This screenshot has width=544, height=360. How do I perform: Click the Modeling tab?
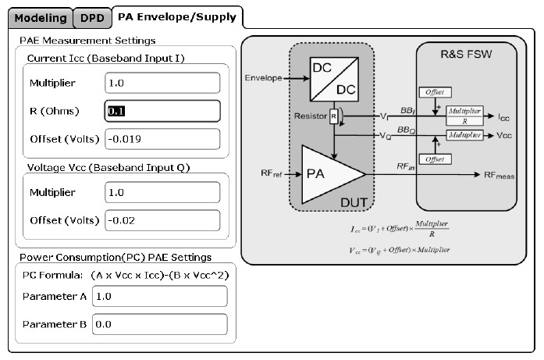(41, 17)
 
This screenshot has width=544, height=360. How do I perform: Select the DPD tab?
(92, 17)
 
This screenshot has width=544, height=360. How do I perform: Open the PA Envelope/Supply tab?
(177, 16)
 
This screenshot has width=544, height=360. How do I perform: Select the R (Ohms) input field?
(162, 111)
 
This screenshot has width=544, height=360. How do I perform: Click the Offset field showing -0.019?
(162, 139)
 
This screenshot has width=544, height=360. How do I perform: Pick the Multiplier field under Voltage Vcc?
(162, 192)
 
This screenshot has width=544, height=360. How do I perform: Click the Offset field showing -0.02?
(162, 220)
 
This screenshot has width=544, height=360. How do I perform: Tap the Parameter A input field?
(159, 296)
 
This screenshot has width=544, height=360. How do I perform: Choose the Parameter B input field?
(159, 324)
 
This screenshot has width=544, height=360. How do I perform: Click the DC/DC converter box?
(333, 79)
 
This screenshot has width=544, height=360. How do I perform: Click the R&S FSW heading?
(466, 55)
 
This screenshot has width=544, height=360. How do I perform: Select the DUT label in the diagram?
(354, 202)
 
